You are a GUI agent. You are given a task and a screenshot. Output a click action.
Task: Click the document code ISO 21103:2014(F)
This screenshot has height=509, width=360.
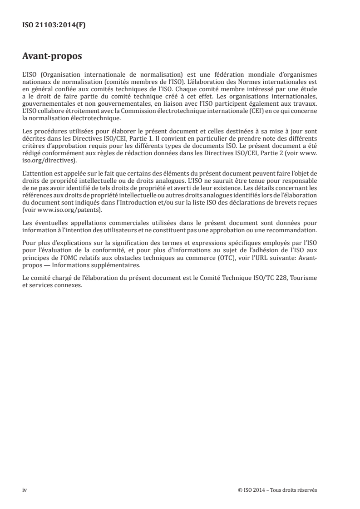[54, 25]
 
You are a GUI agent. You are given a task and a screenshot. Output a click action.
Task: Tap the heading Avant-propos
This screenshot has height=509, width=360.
[52, 57]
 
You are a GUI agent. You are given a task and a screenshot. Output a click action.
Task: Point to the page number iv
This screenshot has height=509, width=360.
[25, 490]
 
